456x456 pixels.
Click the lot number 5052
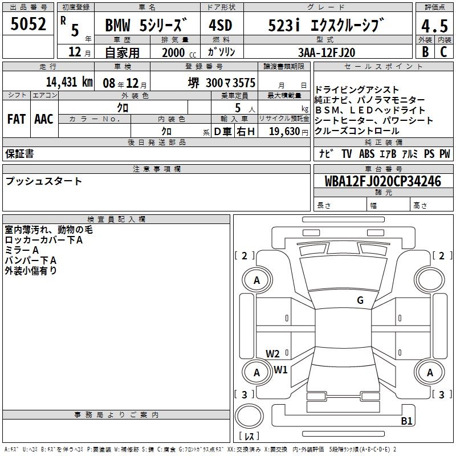tap(28, 24)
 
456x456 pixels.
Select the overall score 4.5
tap(434, 26)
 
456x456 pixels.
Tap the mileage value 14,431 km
tap(70, 82)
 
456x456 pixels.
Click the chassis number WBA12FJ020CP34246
tap(383, 181)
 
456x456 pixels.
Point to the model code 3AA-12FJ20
tap(327, 52)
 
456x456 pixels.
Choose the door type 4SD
tap(221, 26)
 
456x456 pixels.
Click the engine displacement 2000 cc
tap(179, 52)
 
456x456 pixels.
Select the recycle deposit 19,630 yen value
tap(288, 132)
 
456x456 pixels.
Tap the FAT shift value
tap(17, 119)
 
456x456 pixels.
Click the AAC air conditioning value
tap(44, 119)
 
